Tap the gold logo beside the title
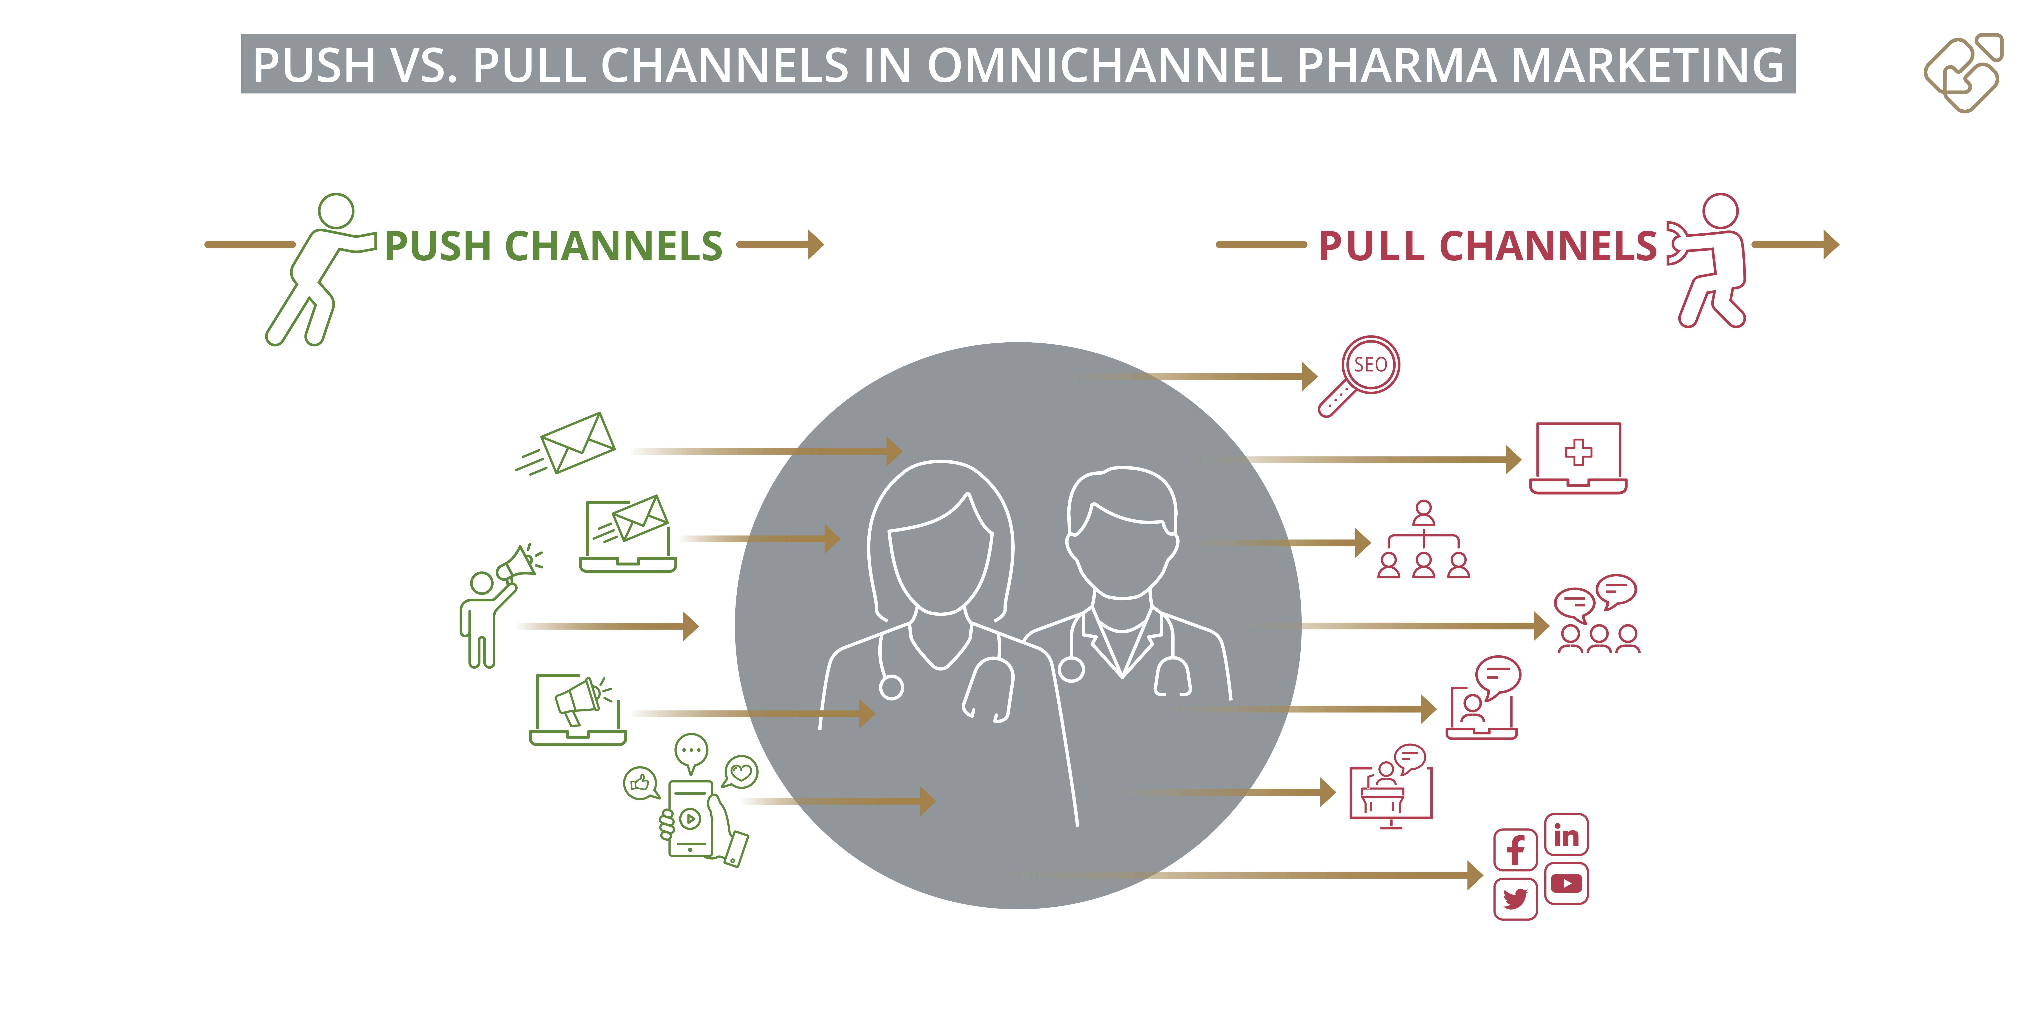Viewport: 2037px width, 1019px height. (x=1963, y=73)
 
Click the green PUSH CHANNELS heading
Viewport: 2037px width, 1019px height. (x=553, y=246)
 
